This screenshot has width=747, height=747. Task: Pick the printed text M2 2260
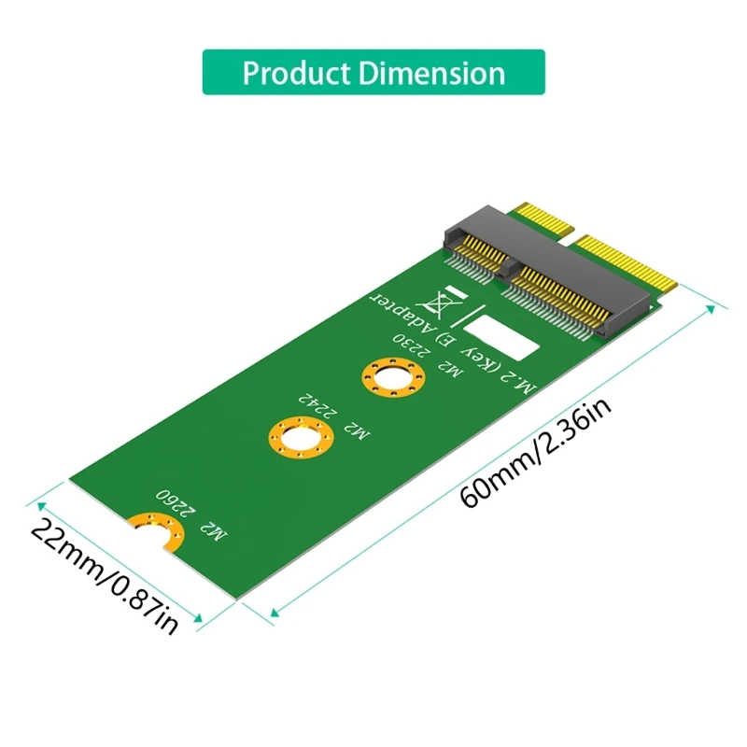(x=190, y=514)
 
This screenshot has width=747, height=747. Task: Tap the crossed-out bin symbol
(x=436, y=303)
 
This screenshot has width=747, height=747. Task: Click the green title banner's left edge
(x=205, y=73)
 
